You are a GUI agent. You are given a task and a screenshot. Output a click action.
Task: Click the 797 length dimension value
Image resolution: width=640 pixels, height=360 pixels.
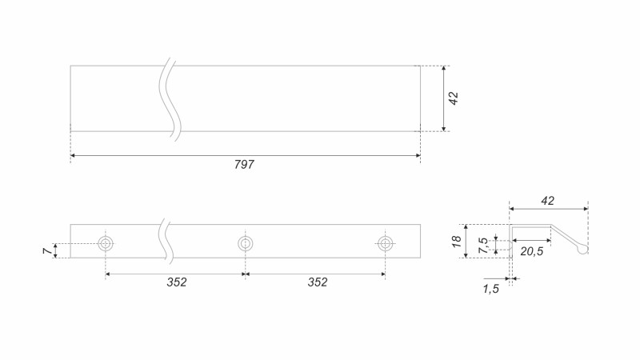click(244, 165)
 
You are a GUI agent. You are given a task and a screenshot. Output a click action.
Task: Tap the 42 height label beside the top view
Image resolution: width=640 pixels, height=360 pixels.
click(454, 98)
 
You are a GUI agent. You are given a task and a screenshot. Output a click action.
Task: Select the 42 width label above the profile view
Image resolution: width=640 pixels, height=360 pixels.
click(547, 201)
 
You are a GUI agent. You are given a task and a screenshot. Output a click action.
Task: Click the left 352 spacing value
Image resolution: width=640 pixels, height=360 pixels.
click(177, 282)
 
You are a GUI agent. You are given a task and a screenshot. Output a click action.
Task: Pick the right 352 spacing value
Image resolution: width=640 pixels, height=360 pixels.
click(318, 282)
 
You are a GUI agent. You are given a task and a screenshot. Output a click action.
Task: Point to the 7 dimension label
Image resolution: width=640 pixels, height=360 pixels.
click(48, 250)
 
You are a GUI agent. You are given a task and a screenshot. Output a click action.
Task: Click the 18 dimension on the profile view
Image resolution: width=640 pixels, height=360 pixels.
click(456, 241)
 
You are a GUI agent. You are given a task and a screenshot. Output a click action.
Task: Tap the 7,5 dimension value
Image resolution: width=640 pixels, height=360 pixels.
click(484, 246)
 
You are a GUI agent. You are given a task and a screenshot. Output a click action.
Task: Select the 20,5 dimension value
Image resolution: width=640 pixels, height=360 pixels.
click(532, 251)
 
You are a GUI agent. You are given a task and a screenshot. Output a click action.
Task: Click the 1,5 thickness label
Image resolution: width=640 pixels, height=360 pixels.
click(490, 289)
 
